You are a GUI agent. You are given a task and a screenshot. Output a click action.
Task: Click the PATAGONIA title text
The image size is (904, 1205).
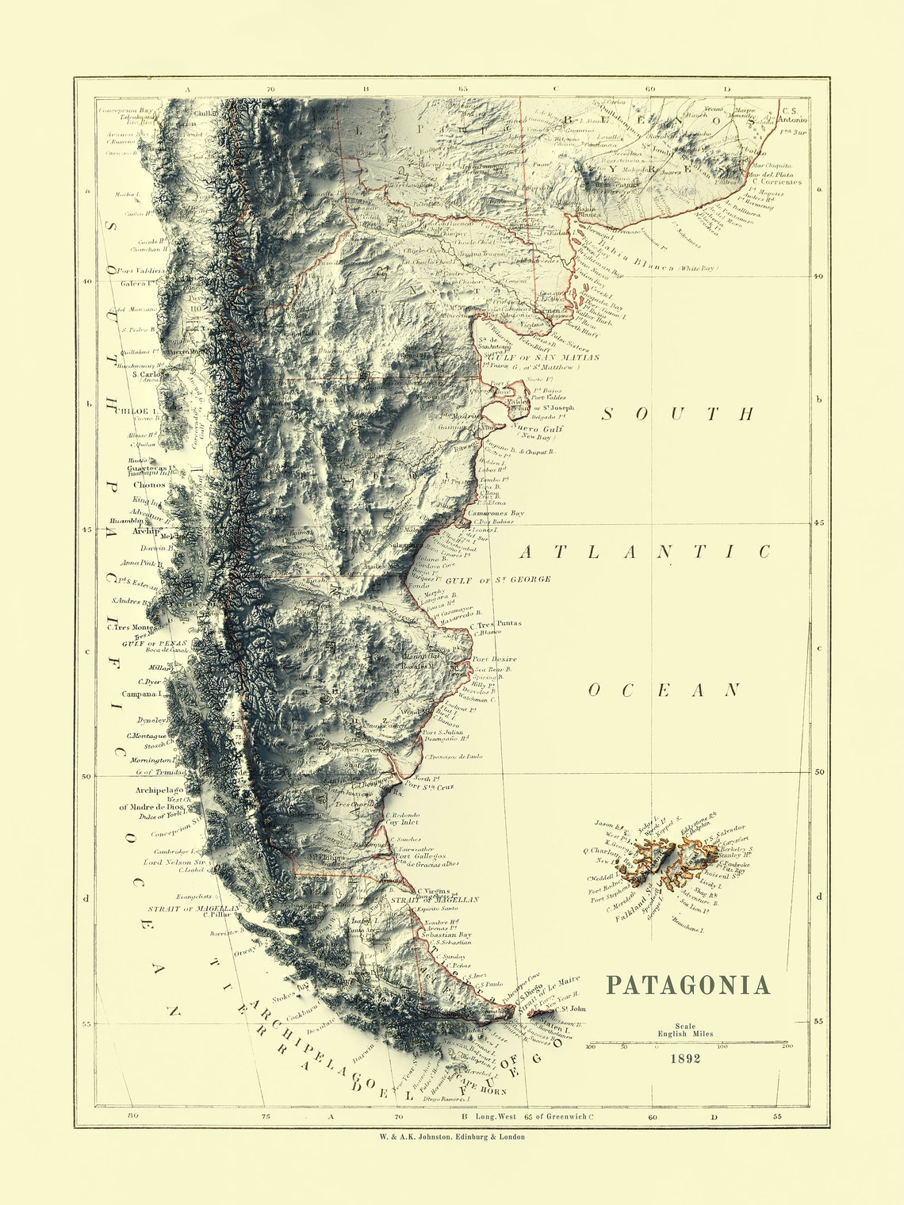click(x=688, y=985)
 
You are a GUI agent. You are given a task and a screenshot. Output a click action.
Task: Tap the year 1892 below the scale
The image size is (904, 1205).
click(x=685, y=1058)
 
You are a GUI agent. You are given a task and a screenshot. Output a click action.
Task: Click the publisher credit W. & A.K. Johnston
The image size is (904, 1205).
click(x=452, y=1136)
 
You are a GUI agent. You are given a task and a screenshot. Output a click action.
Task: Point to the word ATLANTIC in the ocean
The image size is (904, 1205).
click(x=645, y=552)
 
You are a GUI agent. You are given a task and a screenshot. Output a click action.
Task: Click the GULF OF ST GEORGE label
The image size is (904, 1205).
click(x=498, y=580)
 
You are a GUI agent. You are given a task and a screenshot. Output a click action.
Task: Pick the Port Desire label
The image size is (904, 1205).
click(x=494, y=659)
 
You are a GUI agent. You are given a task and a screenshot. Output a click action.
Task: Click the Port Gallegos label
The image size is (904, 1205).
click(x=420, y=857)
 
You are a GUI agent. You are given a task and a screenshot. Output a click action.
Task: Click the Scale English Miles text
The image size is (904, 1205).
click(x=685, y=1030)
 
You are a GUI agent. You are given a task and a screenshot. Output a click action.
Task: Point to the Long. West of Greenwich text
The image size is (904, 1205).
click(x=531, y=1116)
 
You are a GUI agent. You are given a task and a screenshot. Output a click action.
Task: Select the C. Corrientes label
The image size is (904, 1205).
click(x=776, y=182)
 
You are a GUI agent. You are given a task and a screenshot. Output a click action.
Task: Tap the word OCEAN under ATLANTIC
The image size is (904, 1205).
click(x=664, y=690)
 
